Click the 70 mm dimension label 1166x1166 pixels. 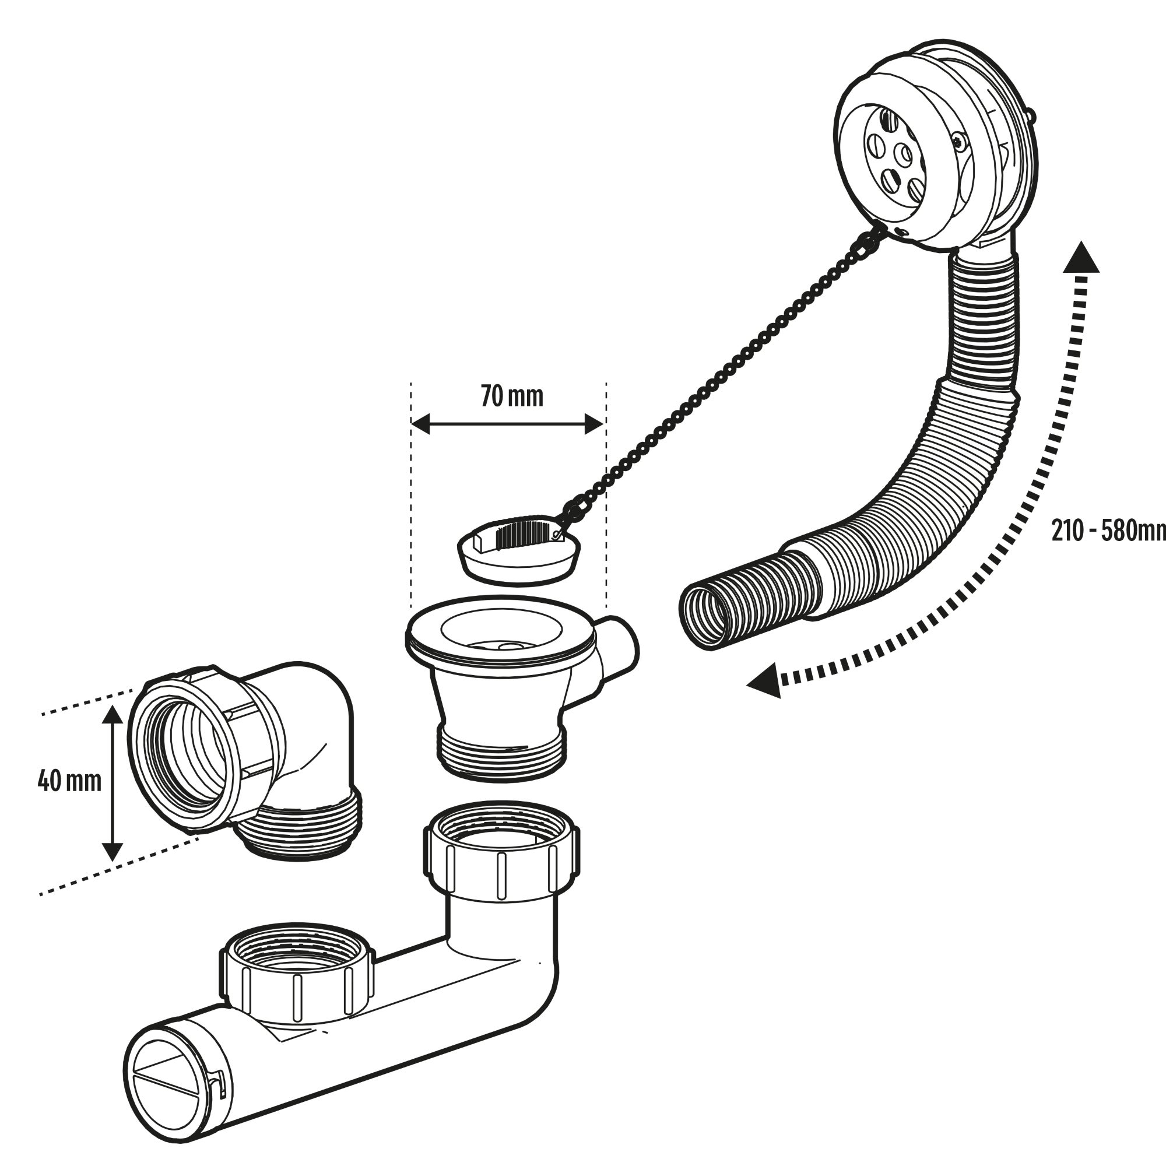click(512, 396)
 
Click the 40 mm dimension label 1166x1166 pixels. click(69, 781)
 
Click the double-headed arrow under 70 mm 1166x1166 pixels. click(507, 424)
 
